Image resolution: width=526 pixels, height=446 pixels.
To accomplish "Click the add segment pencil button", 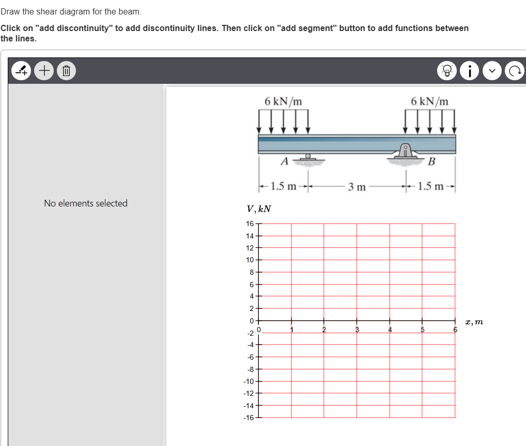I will click(x=21, y=70).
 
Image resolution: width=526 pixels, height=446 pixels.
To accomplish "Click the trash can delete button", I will click(x=66, y=70).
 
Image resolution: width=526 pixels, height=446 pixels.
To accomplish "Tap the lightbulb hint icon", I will click(x=447, y=70).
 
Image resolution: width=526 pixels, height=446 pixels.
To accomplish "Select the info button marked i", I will click(x=470, y=70).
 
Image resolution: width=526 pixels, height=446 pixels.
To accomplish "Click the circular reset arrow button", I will click(x=515, y=70).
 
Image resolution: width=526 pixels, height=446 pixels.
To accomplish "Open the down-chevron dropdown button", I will click(x=492, y=70).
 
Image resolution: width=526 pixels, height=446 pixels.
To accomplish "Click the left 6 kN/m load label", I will click(x=283, y=101).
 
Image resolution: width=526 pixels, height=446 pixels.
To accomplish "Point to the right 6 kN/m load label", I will click(x=430, y=101).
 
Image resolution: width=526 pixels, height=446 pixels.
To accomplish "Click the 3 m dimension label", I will click(x=357, y=187).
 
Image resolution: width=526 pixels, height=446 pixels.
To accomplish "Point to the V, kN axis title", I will click(x=259, y=209).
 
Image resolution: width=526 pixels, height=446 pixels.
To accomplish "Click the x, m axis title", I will click(x=474, y=322).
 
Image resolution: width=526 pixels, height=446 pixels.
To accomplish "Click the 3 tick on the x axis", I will click(x=357, y=330).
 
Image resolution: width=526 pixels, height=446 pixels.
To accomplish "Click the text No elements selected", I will click(x=86, y=203).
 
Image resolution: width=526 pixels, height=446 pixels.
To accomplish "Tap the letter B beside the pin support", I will click(x=432, y=161).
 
